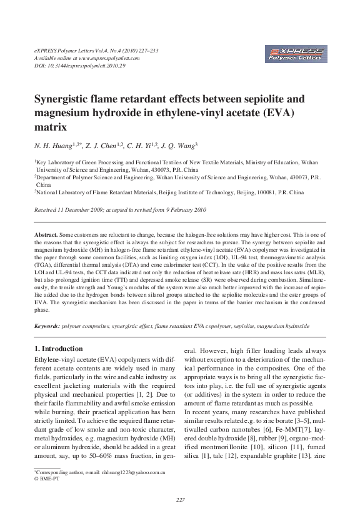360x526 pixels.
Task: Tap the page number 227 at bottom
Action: tap(180, 501)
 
